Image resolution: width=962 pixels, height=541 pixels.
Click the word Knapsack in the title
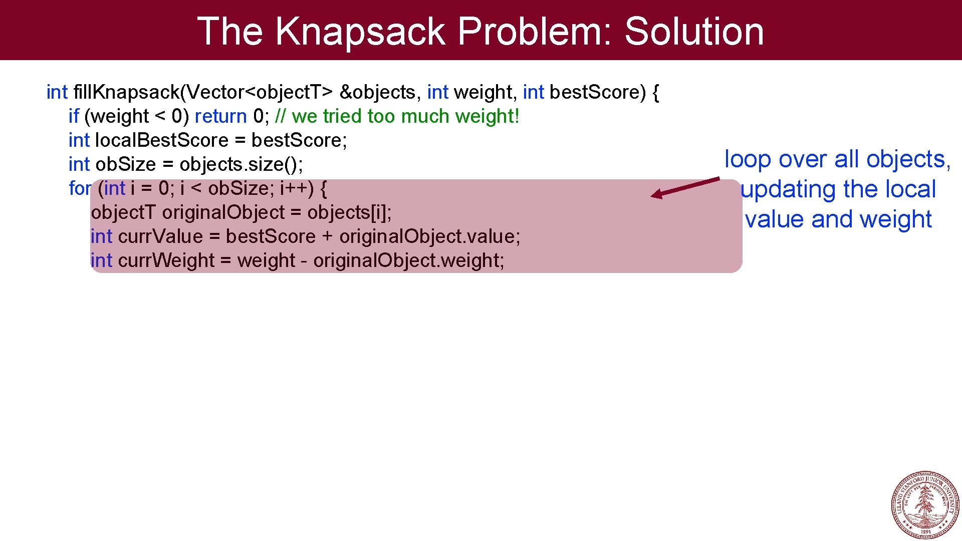coord(360,31)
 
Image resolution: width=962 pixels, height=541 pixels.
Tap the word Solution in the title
coord(694,31)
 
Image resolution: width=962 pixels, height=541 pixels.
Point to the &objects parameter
coord(377,92)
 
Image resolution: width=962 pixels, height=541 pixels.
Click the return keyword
coord(220,116)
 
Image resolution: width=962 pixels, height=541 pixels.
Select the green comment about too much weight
coord(397,116)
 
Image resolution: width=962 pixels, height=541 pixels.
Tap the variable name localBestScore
coord(161,140)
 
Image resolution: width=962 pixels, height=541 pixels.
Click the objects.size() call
coord(241,164)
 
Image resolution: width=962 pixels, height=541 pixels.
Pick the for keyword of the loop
coord(80,188)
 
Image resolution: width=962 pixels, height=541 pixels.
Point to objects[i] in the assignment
coord(349,212)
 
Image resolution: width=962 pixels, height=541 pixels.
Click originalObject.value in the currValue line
coord(429,236)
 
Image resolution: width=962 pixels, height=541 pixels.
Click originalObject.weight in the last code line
coord(408,260)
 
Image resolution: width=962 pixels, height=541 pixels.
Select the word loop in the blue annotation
coord(748,159)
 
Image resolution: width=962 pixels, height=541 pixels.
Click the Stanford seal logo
coord(925,504)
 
